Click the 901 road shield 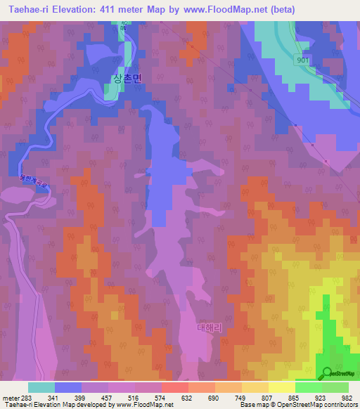302,60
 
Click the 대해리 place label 210,327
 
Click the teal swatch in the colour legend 41,387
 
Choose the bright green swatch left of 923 308,387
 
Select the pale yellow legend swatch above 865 281,387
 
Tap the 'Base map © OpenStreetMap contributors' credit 297,405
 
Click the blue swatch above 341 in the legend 68,387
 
